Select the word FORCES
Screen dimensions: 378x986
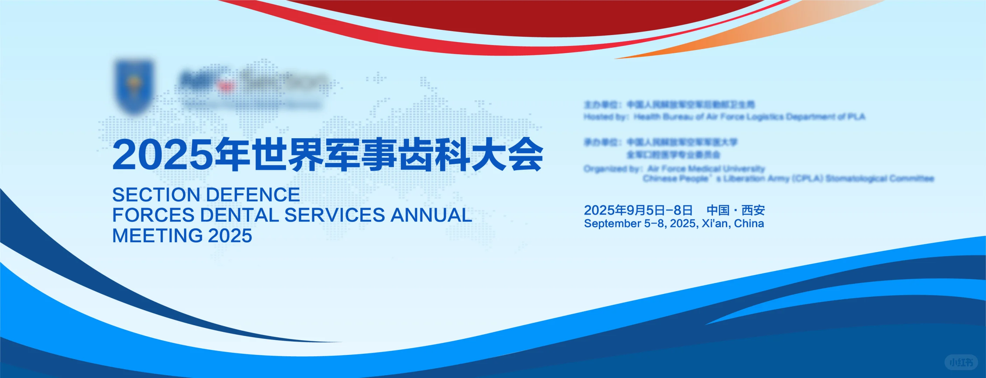click(153, 215)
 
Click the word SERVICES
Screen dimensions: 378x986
click(334, 215)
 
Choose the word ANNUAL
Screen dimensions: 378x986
click(431, 215)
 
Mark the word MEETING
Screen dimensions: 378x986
click(157, 236)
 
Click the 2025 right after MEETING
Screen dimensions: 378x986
click(230, 236)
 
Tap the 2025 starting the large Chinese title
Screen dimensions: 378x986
click(162, 155)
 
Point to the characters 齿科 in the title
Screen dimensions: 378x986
click(435, 155)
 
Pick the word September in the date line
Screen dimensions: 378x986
click(612, 224)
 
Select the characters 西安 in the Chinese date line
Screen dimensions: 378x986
click(753, 210)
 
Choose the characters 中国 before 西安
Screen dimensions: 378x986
click(718, 210)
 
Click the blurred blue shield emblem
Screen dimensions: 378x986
click(134, 86)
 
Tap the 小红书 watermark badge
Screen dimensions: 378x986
click(961, 362)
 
